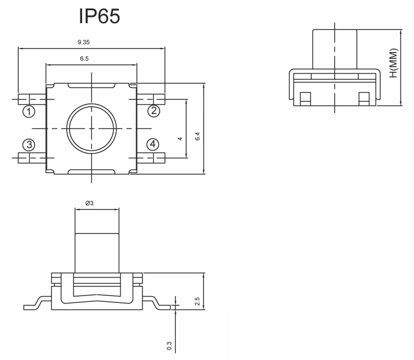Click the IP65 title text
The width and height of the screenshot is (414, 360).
(x=100, y=16)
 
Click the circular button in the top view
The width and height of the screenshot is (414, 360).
(x=92, y=129)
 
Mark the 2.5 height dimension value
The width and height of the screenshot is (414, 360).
(x=197, y=301)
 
